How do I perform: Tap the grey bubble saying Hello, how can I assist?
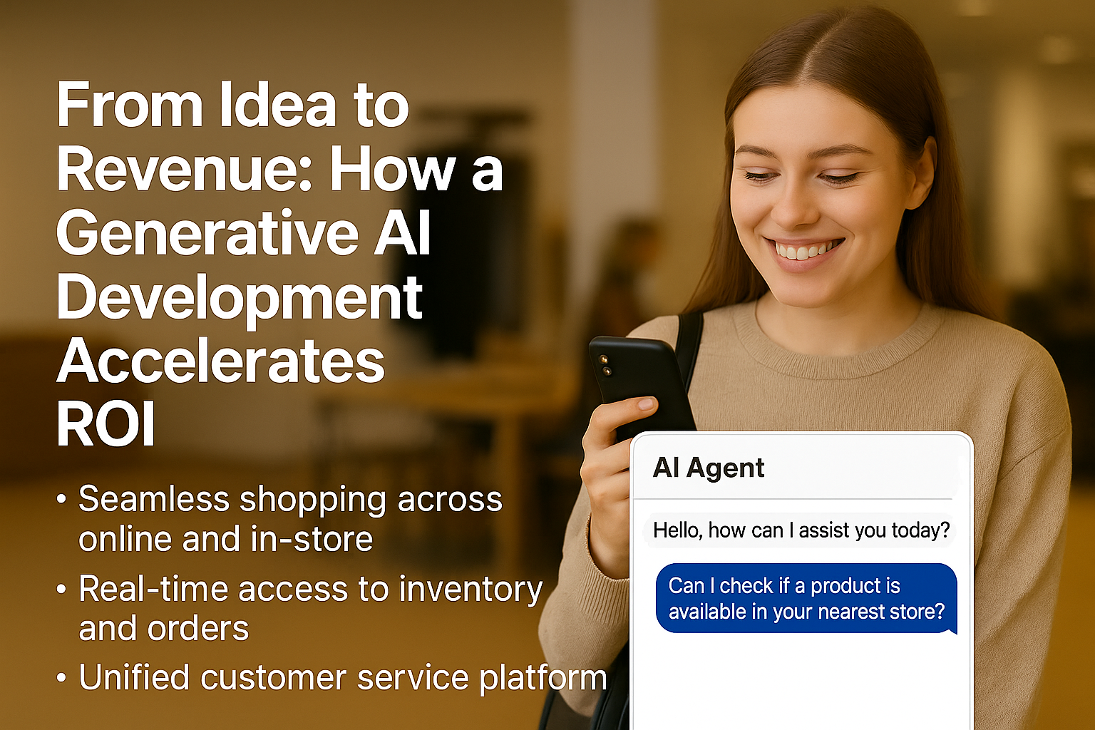[x=801, y=530]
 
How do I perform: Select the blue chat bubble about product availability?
[x=806, y=599]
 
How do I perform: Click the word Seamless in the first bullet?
[x=154, y=499]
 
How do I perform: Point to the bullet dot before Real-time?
[x=61, y=589]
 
